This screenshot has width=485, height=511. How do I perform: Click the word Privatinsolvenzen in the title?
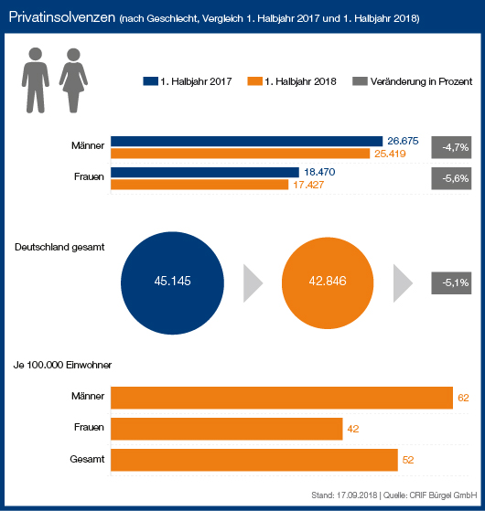tap(62, 17)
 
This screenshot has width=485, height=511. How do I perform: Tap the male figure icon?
tap(36, 80)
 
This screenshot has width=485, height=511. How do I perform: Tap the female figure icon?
tap(73, 80)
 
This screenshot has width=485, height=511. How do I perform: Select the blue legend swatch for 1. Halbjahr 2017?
tap(150, 81)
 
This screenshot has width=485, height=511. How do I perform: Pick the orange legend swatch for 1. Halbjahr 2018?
tap(254, 81)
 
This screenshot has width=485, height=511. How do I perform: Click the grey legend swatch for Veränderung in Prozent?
tap(360, 81)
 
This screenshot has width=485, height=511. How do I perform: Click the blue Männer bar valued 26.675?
tap(246, 142)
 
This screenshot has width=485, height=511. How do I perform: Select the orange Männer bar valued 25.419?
tap(240, 154)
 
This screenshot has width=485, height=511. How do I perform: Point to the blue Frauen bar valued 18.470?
tap(205, 173)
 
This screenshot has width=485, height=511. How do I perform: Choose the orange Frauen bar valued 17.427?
tap(199, 185)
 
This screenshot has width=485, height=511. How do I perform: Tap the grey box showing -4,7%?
tap(451, 147)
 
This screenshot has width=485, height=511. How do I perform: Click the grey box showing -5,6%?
tap(451, 178)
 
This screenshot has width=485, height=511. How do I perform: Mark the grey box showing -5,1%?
tap(451, 282)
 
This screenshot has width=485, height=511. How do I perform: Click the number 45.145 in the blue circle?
tap(173, 281)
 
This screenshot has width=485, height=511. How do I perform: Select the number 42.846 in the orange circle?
tap(328, 281)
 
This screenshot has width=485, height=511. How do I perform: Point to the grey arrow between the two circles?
tap(252, 283)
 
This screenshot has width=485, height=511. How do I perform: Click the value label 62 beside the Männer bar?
tap(463, 398)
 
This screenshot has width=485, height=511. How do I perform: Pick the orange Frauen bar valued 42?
tap(227, 429)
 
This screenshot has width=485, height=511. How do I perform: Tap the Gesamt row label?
tap(87, 459)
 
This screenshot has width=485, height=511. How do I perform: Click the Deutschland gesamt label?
tap(59, 247)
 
